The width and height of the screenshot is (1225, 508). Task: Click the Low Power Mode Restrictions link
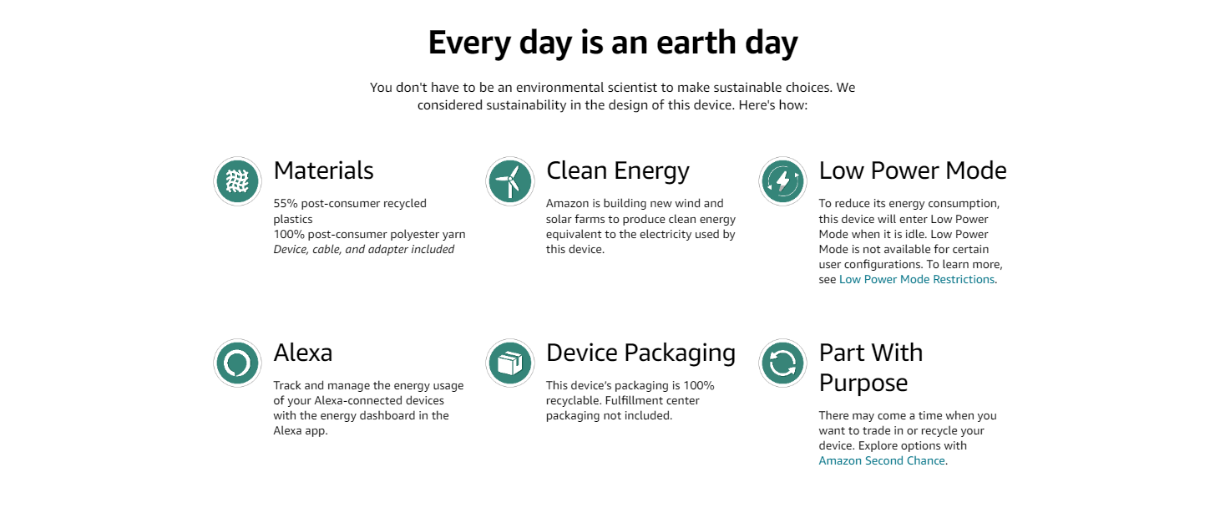(917, 279)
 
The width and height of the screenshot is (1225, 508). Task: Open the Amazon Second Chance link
(882, 460)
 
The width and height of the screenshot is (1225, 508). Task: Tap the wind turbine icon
(509, 181)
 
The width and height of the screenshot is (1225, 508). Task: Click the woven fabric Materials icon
(237, 181)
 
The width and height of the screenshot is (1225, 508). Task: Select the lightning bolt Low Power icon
(782, 181)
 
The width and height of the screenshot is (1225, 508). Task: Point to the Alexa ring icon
(237, 363)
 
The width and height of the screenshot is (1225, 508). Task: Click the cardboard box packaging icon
(509, 363)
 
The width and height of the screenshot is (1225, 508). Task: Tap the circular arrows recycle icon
(782, 363)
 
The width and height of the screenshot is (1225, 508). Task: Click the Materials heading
(323, 170)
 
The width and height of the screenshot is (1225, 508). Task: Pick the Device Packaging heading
(640, 353)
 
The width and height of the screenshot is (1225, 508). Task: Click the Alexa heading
(302, 353)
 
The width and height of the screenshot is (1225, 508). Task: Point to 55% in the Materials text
(286, 203)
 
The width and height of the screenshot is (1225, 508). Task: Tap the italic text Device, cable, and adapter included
(364, 250)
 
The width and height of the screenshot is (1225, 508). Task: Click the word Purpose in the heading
(863, 384)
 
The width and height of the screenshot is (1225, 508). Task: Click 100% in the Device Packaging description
(699, 385)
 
